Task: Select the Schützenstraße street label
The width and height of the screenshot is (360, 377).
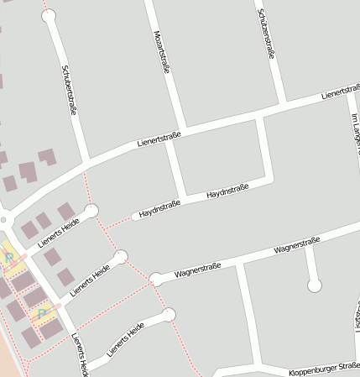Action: (266, 34)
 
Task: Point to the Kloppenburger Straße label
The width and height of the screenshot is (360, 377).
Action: (323, 368)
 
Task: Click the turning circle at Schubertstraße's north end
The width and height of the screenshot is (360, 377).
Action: (49, 14)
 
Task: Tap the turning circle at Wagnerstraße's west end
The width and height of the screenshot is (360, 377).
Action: (155, 279)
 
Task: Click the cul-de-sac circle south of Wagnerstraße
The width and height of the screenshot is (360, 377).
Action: (315, 285)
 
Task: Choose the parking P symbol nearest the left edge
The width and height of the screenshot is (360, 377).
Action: (9, 259)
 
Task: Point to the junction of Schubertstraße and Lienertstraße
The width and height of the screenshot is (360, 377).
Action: (87, 162)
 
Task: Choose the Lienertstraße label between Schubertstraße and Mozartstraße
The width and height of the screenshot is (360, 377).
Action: (159, 139)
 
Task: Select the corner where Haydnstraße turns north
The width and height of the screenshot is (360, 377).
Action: (269, 179)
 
